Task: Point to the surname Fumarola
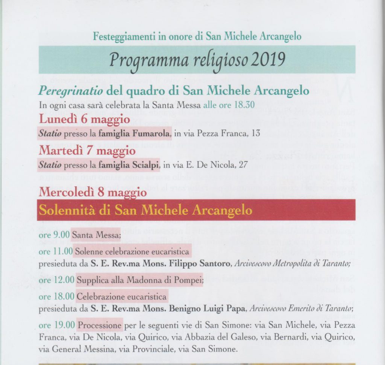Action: (x=155, y=134)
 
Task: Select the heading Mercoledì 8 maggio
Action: (x=92, y=193)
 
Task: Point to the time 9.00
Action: (x=62, y=236)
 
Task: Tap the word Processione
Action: (x=100, y=325)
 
